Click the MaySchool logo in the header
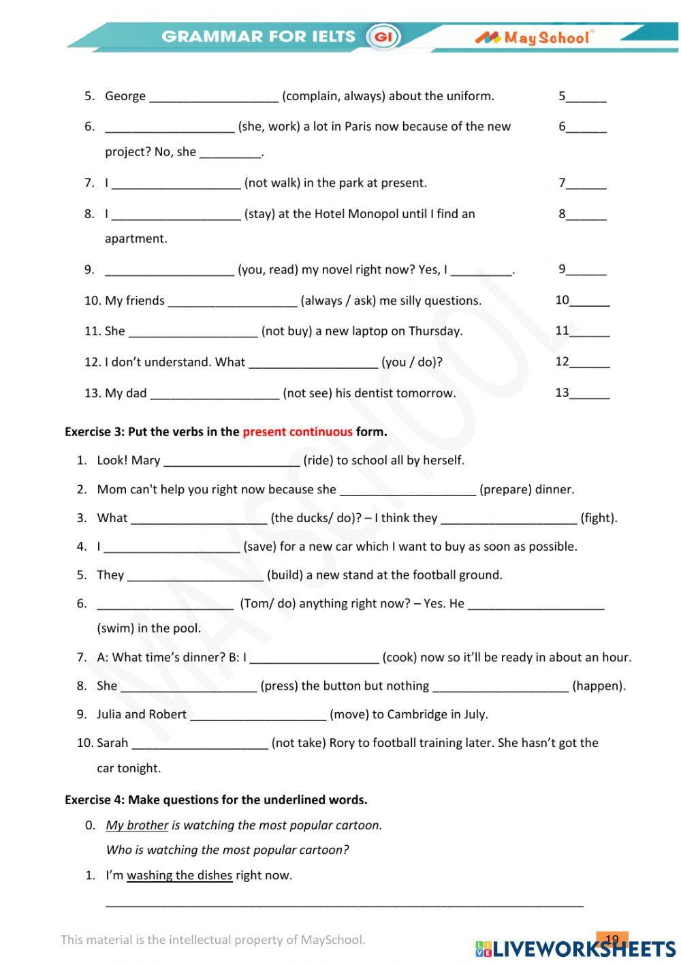[535, 37]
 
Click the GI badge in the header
[383, 37]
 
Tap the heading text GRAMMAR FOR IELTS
[259, 37]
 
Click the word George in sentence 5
[125, 96]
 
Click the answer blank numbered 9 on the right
[586, 270]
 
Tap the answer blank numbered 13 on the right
[589, 393]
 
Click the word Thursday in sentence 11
[437, 331]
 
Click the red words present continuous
[298, 431]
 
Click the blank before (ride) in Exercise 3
[232, 461]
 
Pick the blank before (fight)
[509, 519]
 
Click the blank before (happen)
[501, 686]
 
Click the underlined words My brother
[137, 825]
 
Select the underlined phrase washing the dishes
[179, 875]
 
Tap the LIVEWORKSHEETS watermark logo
[575, 949]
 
